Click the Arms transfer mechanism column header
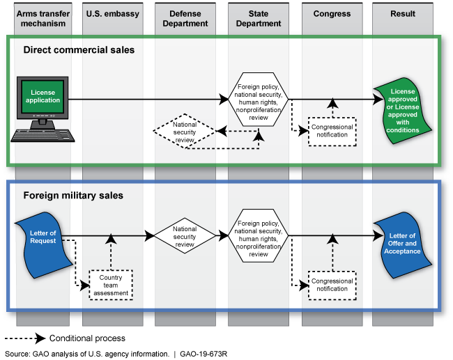coord(42,18)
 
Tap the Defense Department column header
coord(185,18)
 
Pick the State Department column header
coord(259,18)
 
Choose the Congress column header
coord(332,14)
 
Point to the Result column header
coord(403,14)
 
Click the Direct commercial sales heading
coord(79,50)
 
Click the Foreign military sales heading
coord(73,196)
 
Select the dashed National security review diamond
coord(185,130)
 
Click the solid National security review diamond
coord(185,235)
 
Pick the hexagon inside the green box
coord(259,99)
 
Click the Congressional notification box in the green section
coord(332,130)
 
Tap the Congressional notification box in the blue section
coord(332,285)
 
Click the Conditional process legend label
coord(87,338)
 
